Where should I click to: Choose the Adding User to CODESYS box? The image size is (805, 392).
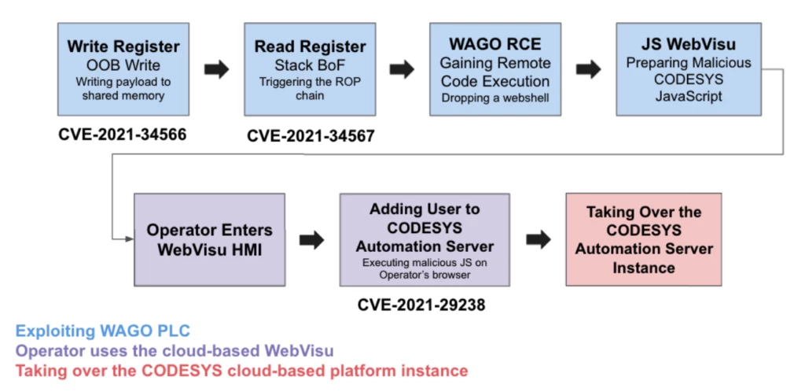(425, 239)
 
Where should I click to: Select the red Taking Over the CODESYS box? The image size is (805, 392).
(644, 239)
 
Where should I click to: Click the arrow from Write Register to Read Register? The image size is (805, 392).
(216, 69)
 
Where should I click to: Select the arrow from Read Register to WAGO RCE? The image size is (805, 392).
(402, 69)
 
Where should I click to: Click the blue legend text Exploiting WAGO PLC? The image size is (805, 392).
(103, 331)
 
